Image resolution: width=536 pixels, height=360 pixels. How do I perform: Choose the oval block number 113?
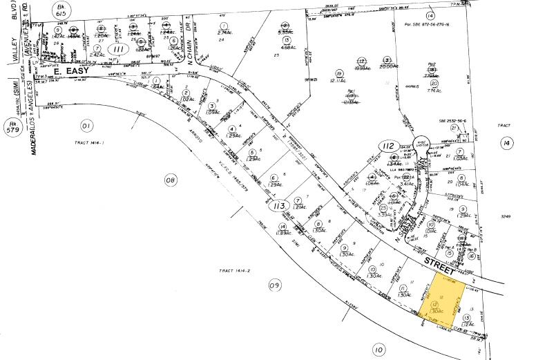(x=278, y=205)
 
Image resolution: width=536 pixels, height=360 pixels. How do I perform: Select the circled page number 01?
(x=86, y=126)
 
